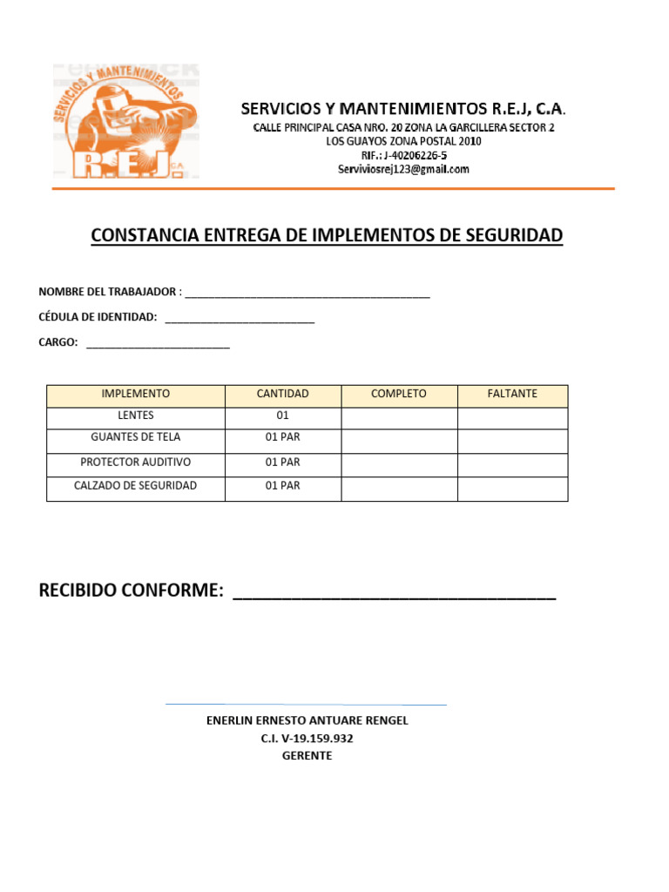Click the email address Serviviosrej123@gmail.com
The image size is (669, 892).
coord(403,170)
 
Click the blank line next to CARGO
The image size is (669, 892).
coord(158,345)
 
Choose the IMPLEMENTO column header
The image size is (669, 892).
coord(136,394)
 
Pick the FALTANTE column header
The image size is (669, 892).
coord(512,394)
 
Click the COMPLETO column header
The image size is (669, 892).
coord(399,394)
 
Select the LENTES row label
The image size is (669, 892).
coord(136,416)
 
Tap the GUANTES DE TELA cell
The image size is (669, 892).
coord(136,437)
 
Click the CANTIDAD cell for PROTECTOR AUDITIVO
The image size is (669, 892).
coord(283,462)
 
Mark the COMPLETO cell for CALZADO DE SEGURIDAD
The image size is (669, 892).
coord(399,486)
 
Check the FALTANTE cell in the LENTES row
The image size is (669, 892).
coord(512,417)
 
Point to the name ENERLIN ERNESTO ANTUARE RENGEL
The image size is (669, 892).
coord(307,720)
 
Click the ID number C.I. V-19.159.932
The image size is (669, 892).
coord(307,739)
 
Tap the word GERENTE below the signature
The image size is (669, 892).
coord(307,756)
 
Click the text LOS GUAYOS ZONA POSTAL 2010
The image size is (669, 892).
coord(403,141)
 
